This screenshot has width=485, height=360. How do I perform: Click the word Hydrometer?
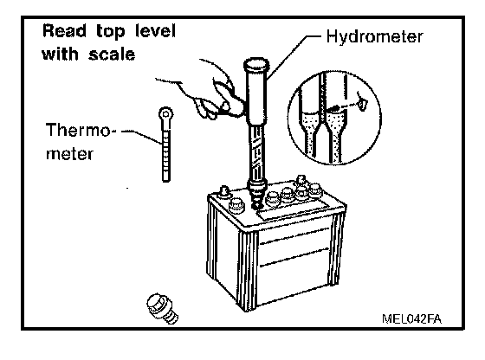[374, 37]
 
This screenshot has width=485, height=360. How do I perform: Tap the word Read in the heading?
[64, 31]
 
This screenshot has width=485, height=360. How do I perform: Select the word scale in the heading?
[112, 55]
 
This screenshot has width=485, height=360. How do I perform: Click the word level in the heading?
[156, 31]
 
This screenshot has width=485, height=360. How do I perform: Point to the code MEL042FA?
[411, 319]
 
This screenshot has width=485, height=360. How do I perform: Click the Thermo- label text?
[81, 130]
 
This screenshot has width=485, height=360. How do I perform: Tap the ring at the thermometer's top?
[165, 114]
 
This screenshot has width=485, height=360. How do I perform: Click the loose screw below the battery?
[162, 308]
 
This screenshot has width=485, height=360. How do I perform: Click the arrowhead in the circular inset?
[333, 108]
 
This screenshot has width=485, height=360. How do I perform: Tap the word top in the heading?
[111, 32]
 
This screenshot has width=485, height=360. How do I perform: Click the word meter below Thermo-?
[69, 153]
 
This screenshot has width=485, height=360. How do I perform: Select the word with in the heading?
[60, 55]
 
